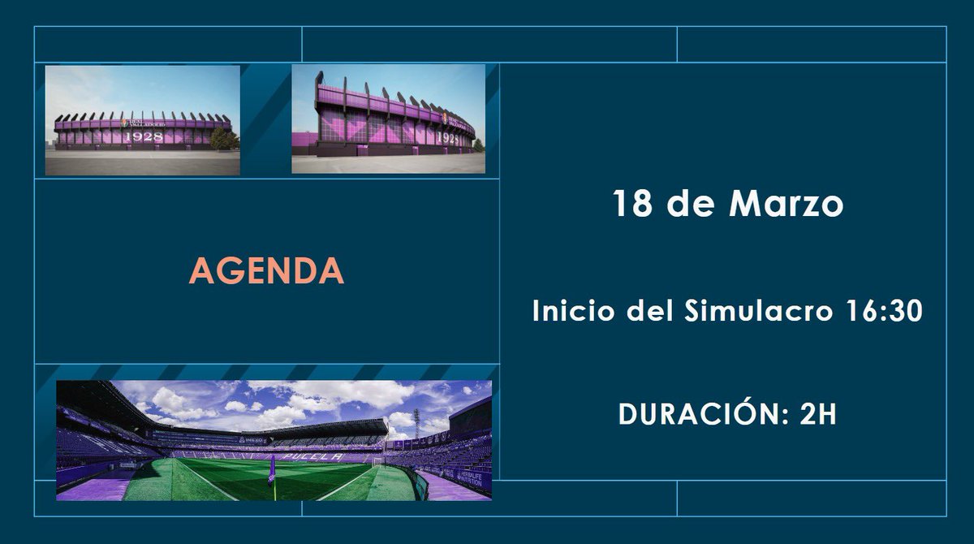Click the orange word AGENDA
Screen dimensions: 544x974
[266, 271]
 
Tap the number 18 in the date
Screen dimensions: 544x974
[632, 204]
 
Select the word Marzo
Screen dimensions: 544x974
[786, 204]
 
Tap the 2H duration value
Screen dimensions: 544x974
[818, 414]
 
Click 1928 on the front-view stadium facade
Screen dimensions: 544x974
[143, 136]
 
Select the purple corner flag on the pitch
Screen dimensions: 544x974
[272, 469]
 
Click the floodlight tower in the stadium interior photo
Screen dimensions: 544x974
[416, 422]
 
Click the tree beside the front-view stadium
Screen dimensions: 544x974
[224, 138]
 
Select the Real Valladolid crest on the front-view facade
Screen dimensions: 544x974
[123, 123]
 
